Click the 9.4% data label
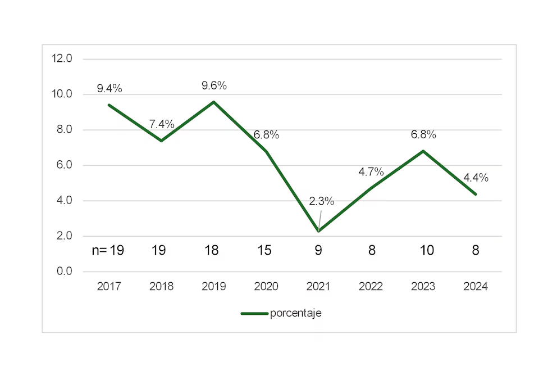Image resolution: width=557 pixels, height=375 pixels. [109, 88]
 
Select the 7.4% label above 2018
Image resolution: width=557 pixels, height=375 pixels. [162, 124]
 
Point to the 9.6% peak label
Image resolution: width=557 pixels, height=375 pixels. [214, 86]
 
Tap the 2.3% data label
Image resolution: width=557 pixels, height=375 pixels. [322, 201]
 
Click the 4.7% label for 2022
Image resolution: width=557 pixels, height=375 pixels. [371, 172]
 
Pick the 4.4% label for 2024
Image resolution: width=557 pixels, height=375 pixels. [476, 178]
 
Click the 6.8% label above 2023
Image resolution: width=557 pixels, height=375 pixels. [423, 135]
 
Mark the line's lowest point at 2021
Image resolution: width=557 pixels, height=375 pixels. [318, 231]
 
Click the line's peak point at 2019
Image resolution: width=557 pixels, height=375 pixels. [214, 102]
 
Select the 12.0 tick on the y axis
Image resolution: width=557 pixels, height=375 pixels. [61, 58]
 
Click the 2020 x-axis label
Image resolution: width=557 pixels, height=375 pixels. [266, 287]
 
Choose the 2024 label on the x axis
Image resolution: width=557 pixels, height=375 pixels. [476, 287]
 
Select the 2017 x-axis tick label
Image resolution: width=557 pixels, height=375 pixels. [109, 287]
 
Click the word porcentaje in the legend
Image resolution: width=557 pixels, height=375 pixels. [295, 314]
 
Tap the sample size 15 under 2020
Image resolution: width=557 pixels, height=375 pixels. [264, 250]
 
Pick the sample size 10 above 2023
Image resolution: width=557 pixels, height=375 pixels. [427, 250]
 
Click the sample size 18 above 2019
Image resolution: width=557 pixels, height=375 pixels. [212, 250]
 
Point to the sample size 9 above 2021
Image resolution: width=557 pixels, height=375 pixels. [318, 250]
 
